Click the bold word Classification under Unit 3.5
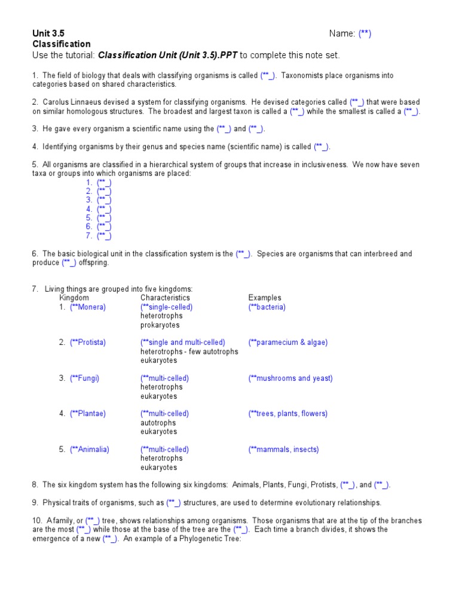(x=61, y=44)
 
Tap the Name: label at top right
(x=342, y=34)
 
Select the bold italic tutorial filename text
(x=167, y=55)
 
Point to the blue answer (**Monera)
(x=88, y=307)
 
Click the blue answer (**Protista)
(x=88, y=342)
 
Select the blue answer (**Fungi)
(x=85, y=378)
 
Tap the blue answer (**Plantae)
(x=87, y=414)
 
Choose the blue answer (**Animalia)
(x=90, y=450)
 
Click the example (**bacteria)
(x=267, y=307)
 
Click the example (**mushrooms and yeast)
(x=290, y=378)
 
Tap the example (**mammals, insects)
(x=284, y=450)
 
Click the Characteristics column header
(x=165, y=298)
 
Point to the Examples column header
(x=265, y=298)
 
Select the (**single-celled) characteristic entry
(x=167, y=307)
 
